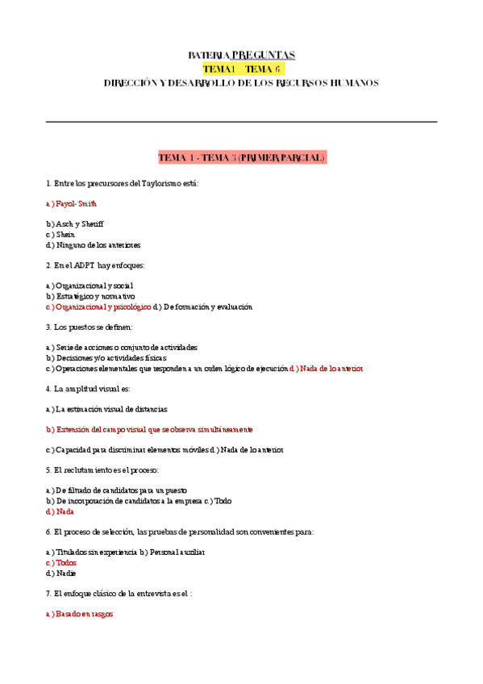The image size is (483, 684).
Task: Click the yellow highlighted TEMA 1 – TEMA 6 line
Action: click(242, 69)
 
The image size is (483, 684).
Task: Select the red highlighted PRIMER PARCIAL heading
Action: click(242, 157)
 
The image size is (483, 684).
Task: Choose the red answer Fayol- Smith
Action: click(71, 204)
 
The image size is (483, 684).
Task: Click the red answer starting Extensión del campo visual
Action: click(149, 429)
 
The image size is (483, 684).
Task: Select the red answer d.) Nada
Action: click(60, 511)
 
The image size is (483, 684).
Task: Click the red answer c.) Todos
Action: click(60, 562)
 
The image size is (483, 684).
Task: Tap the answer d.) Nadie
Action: click(60, 573)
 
